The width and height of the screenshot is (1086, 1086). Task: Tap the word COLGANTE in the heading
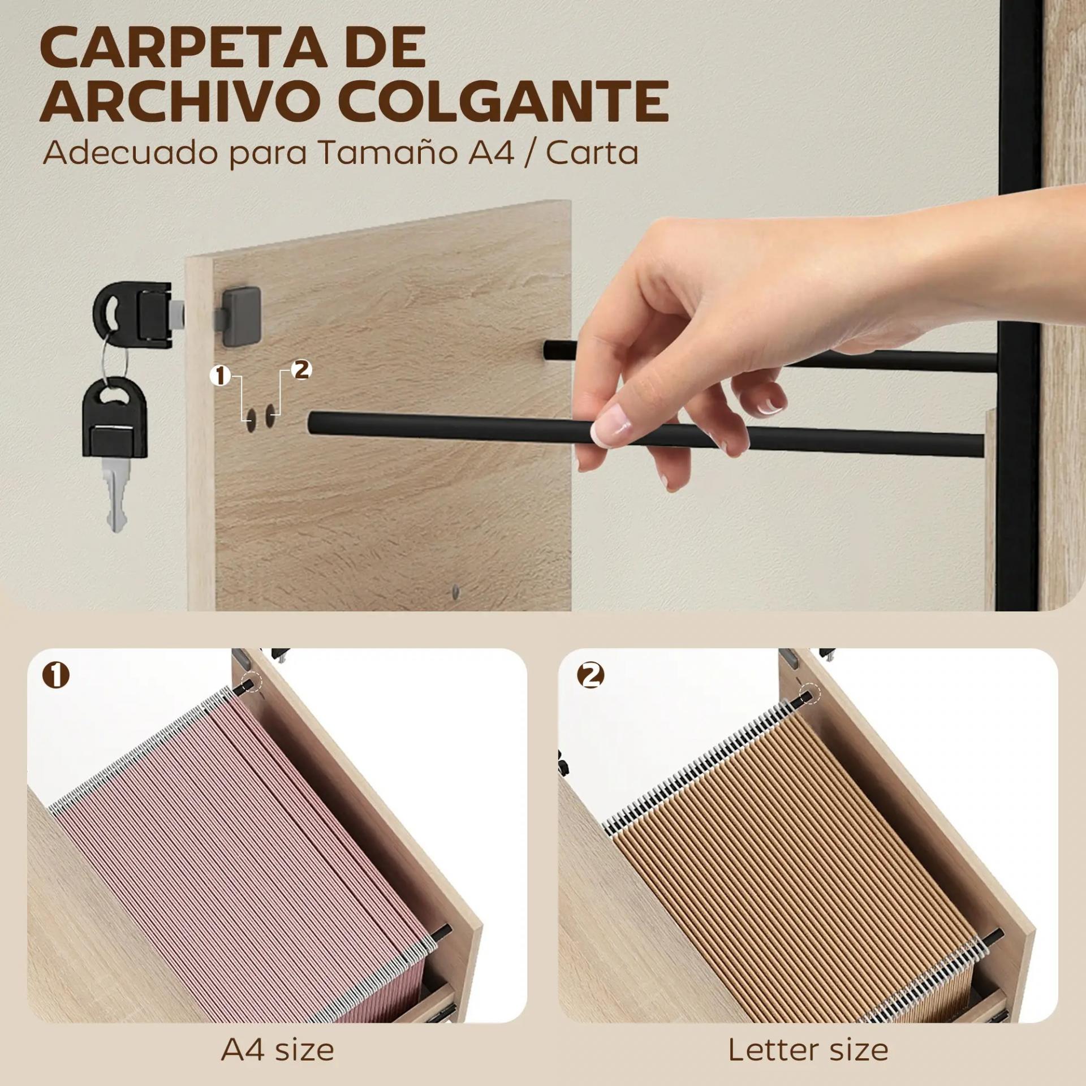(507, 101)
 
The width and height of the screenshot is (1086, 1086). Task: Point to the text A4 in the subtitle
(491, 153)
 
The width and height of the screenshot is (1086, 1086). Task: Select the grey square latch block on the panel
(242, 310)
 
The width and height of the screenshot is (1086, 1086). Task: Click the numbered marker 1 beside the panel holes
(220, 376)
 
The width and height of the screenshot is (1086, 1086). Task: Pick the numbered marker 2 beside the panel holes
(301, 370)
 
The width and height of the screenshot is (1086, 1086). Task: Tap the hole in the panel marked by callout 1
(251, 418)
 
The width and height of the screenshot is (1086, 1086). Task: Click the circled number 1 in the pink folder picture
(56, 675)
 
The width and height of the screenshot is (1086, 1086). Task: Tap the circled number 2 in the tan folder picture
(591, 675)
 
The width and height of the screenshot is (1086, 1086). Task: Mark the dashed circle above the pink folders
(252, 681)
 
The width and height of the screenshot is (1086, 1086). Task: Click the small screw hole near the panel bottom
(456, 592)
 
